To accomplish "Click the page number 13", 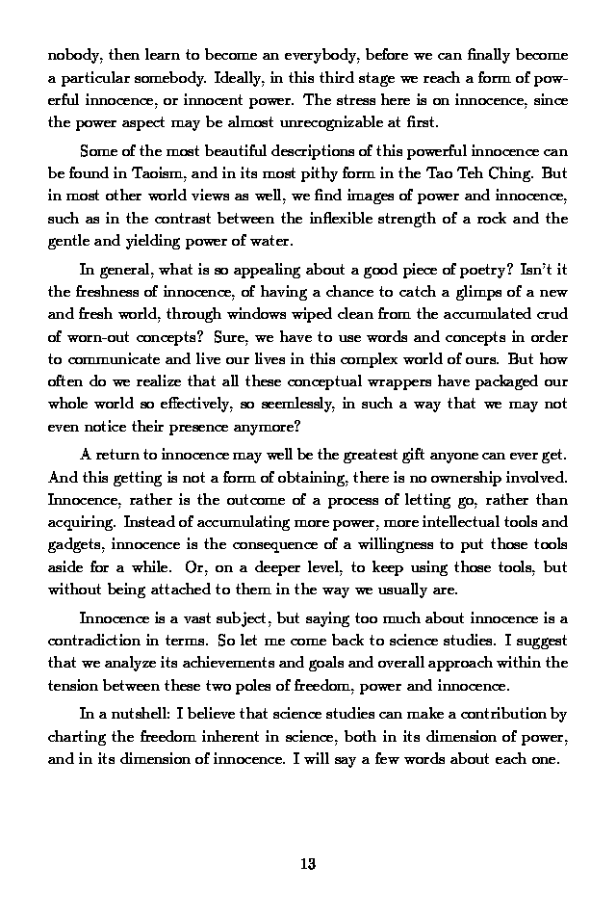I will [308, 863].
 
